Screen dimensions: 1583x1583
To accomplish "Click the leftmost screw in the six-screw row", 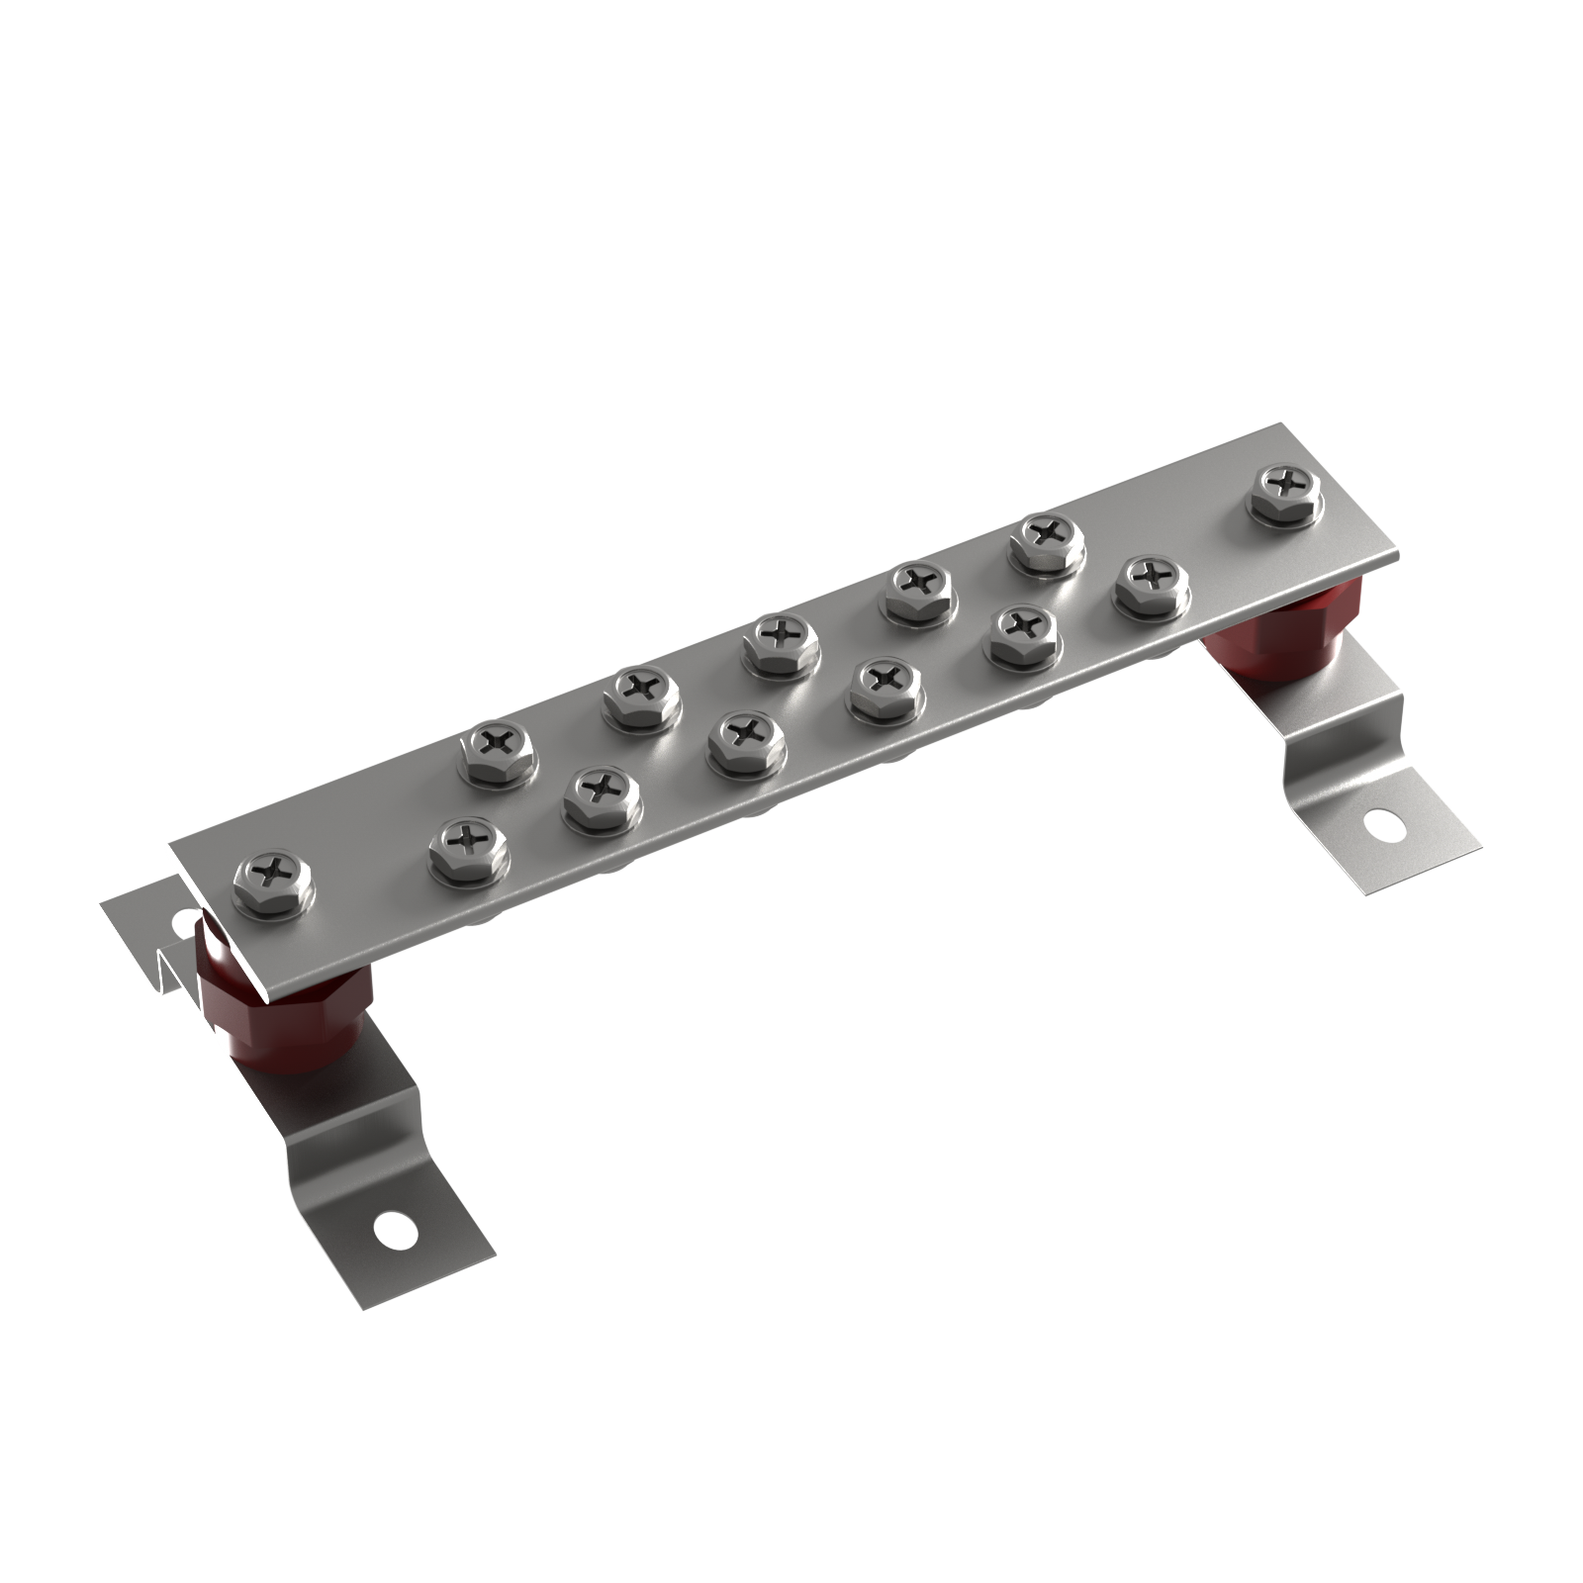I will [x=467, y=842].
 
